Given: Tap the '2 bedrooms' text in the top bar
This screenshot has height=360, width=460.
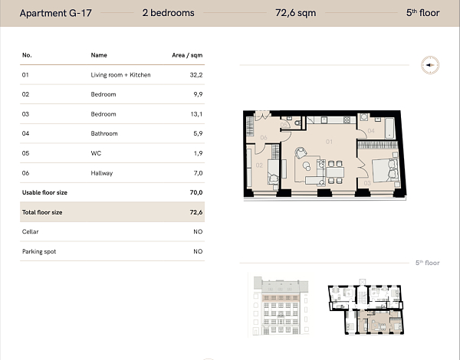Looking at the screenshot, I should pyautogui.click(x=168, y=13).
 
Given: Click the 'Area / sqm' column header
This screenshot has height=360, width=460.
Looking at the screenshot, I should pyautogui.click(x=187, y=55).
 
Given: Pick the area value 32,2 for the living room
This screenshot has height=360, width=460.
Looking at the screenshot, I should pyautogui.click(x=195, y=75).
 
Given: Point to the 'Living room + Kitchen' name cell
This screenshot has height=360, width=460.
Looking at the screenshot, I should pyautogui.click(x=120, y=75).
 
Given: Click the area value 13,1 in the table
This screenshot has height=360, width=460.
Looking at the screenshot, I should pyautogui.click(x=195, y=114).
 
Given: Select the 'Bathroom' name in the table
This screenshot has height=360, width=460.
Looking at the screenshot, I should pyautogui.click(x=104, y=134).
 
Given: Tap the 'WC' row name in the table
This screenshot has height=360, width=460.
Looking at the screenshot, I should pyautogui.click(x=96, y=153).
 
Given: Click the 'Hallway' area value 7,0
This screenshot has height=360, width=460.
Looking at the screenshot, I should pyautogui.click(x=197, y=173).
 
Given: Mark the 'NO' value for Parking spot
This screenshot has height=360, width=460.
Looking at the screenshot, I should pyautogui.click(x=198, y=251).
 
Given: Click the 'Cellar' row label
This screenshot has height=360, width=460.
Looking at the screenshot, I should pyautogui.click(x=30, y=231).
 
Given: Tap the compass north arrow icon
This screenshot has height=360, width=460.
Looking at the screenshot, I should pyautogui.click(x=429, y=66).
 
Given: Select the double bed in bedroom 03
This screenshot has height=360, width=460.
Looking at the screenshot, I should pyautogui.click(x=380, y=169).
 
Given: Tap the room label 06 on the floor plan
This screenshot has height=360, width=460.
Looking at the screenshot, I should pyautogui.click(x=262, y=138).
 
